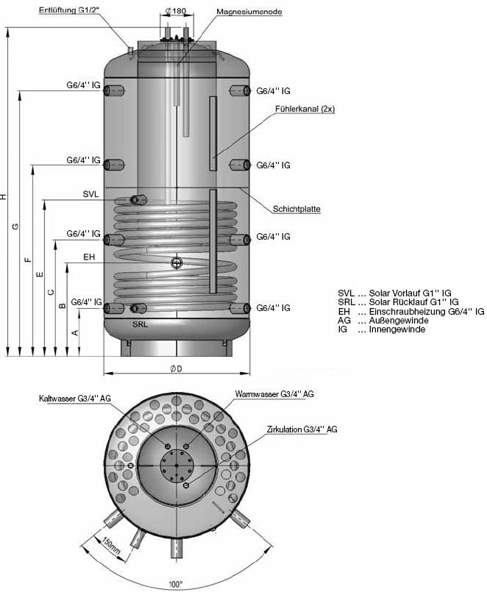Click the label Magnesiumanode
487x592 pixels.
click(248, 13)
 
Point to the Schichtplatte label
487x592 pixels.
click(296, 209)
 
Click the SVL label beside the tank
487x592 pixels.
click(90, 194)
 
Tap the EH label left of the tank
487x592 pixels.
click(89, 257)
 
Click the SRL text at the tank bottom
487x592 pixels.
click(141, 324)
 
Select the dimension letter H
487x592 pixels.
click(4, 197)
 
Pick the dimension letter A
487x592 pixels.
click(74, 333)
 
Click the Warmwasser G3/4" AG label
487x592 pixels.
click(274, 394)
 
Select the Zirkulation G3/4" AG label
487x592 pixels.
click(302, 429)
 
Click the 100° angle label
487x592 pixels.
click(176, 584)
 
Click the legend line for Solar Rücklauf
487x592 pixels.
click(398, 302)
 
